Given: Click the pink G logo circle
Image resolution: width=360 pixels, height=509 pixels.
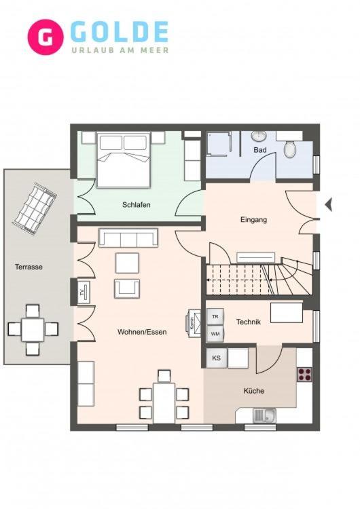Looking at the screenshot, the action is pos(46,37).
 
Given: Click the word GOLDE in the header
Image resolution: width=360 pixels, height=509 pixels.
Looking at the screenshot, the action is pos(119,32).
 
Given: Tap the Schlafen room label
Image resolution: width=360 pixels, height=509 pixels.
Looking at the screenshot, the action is pos(137,205).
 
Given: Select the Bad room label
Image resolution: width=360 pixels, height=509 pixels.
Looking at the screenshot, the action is pos(260,150).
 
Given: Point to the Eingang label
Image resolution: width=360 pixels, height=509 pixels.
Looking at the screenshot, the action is pos(254,220).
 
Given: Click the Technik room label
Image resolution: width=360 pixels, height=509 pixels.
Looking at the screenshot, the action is pos(249,322).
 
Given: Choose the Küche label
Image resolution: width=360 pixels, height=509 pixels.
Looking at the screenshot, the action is pos(254,391).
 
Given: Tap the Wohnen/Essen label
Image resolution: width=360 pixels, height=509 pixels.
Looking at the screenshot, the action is pos(142,332).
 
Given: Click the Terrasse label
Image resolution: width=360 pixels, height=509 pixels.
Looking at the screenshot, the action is pos(29,267).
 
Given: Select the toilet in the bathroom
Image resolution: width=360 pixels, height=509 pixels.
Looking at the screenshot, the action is pos(290,147).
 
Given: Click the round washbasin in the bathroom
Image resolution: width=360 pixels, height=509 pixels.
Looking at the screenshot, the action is pos(259,136).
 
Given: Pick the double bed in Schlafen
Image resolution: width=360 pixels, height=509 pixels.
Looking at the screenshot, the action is pos(124,159).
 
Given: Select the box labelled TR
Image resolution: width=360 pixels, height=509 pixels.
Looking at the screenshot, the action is pos(215,317).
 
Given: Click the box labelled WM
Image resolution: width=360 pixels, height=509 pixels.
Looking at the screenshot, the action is pos(215,334).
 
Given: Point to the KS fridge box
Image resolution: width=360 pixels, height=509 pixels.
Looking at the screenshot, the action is pos(217,358).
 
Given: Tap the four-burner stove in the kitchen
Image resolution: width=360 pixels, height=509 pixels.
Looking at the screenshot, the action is pos(304,374).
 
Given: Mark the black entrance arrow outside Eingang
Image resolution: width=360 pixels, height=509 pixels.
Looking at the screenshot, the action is pos(329,204).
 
